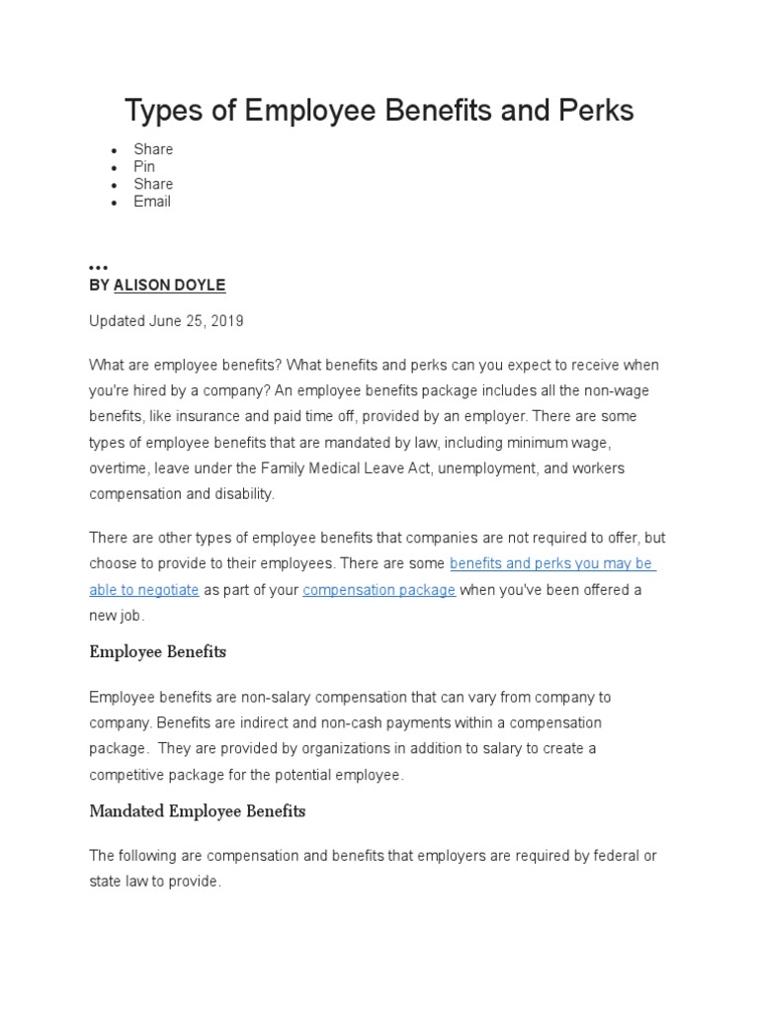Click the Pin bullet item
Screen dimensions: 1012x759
[x=144, y=166]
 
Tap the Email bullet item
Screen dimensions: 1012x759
[x=152, y=201]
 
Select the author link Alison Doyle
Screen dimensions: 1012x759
[x=170, y=285]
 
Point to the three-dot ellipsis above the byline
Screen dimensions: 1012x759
[x=98, y=268]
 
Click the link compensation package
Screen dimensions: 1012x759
[x=379, y=590]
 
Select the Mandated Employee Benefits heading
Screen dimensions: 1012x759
[x=198, y=811]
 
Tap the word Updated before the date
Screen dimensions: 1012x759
[x=117, y=321]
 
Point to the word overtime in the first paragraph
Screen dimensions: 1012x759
[x=117, y=467]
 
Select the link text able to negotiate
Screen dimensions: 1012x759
[x=144, y=590]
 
